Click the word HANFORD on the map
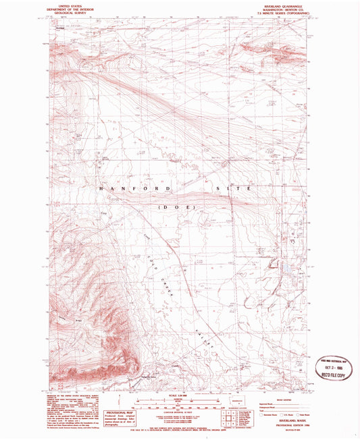(x=138, y=190)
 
